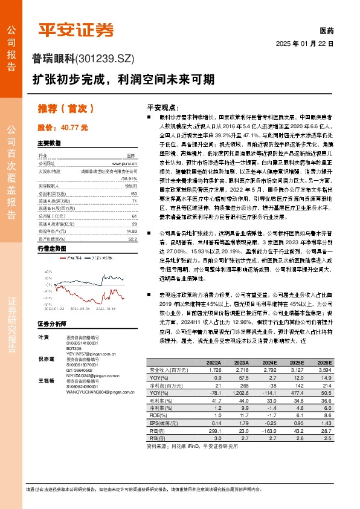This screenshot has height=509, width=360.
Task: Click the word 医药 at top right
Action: tap(326, 31)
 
